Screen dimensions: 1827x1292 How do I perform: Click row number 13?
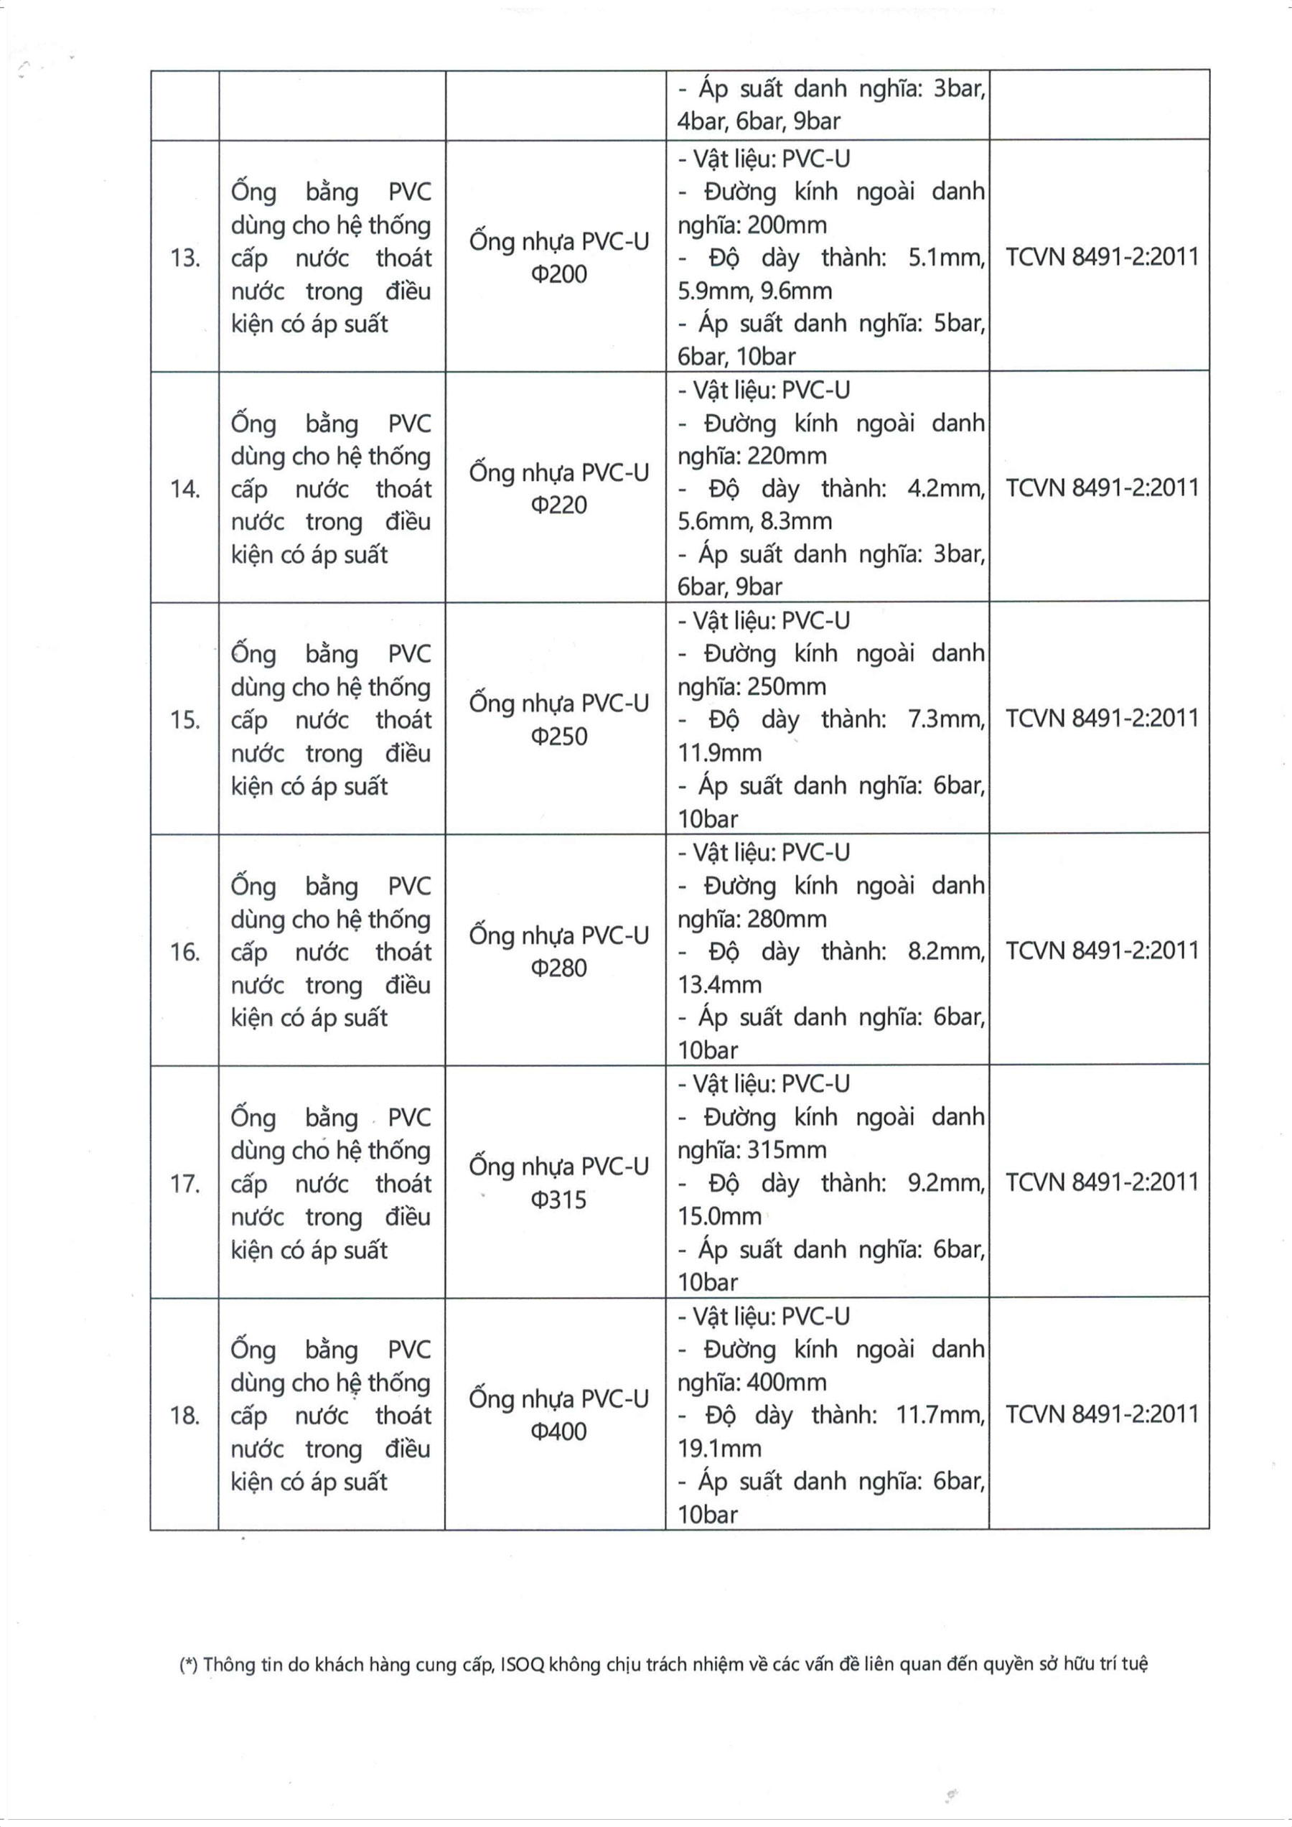[x=184, y=258]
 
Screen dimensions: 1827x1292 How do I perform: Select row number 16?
[x=184, y=952]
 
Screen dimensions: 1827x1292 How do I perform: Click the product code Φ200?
[x=558, y=274]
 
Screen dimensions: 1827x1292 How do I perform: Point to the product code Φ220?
[x=558, y=505]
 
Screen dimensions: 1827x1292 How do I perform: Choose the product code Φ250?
[x=558, y=736]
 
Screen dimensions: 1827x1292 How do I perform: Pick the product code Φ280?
[x=558, y=968]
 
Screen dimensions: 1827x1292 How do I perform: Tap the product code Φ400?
[x=558, y=1431]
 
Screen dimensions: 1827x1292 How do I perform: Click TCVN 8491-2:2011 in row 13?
[x=1102, y=256]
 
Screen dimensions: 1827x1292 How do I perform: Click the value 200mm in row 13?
[x=787, y=225]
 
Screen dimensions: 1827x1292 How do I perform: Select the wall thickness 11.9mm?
[x=719, y=753]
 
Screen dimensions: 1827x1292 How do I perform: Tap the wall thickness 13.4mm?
[x=719, y=984]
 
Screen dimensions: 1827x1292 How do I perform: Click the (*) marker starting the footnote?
[x=189, y=1664]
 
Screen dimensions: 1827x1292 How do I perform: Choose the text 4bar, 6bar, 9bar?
[x=758, y=122]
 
